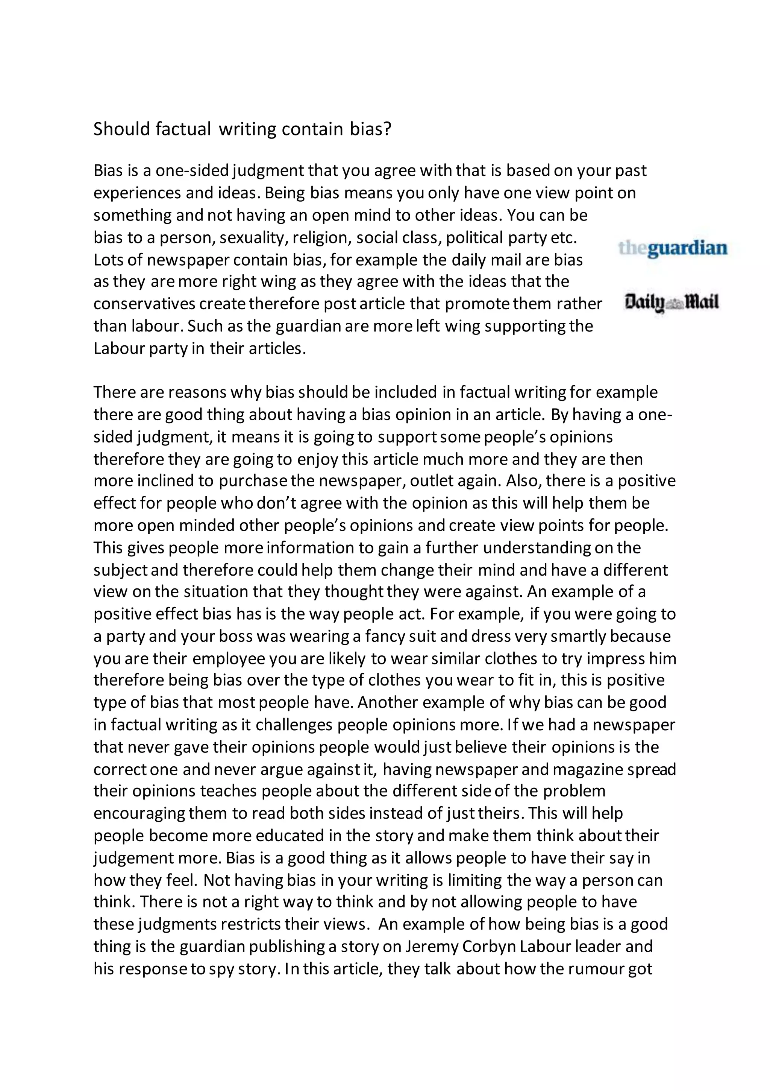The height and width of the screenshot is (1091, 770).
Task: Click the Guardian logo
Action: coord(673,249)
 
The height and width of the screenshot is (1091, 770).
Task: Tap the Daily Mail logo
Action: coord(671,303)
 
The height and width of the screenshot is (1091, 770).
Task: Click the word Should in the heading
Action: coord(121,129)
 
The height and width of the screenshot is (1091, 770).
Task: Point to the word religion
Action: coord(321,238)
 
